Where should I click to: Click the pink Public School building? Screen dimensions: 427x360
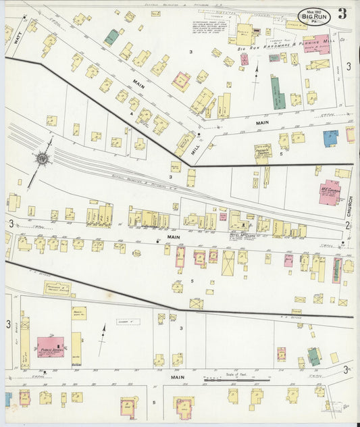pyautogui.click(x=50, y=347)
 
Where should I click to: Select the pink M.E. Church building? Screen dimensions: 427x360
pyautogui.click(x=330, y=192)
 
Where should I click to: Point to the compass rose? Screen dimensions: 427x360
pyautogui.click(x=43, y=159)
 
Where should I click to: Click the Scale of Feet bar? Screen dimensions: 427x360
pyautogui.click(x=236, y=380)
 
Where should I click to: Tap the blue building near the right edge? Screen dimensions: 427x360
pyautogui.click(x=330, y=139)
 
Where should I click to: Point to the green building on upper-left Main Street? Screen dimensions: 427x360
pyautogui.click(x=111, y=37)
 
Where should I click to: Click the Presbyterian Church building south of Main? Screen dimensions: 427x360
pyautogui.click(x=261, y=153)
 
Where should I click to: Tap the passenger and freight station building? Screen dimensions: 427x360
pyautogui.click(x=58, y=288)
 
